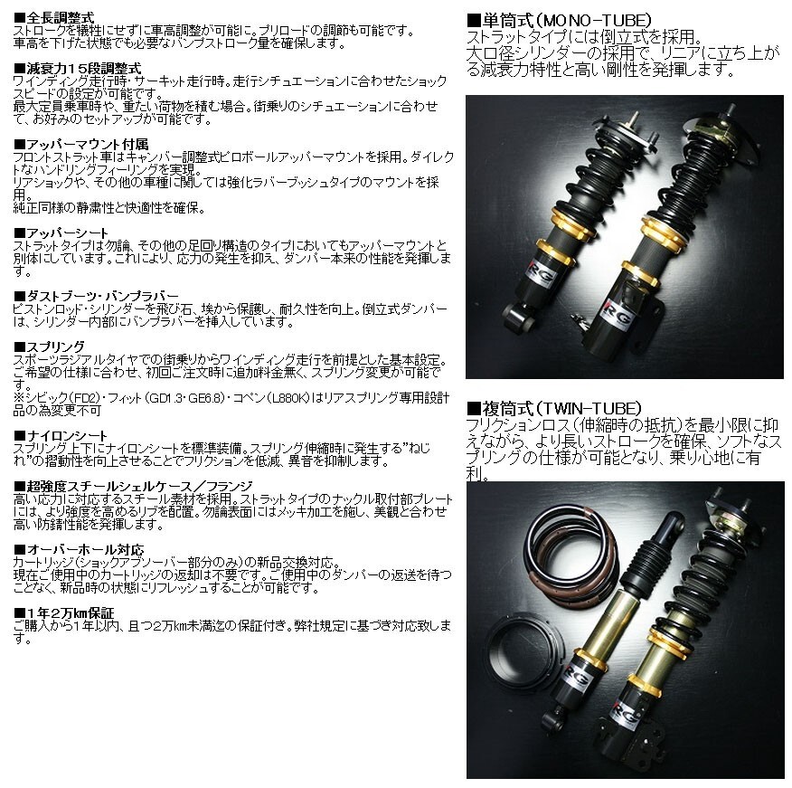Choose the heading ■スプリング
(50, 347)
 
